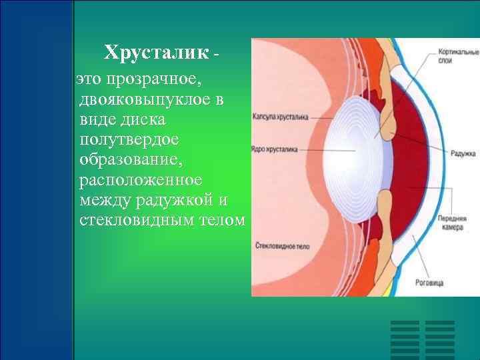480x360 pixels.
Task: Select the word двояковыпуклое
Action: click(151, 100)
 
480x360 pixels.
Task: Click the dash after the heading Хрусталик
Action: click(215, 53)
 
